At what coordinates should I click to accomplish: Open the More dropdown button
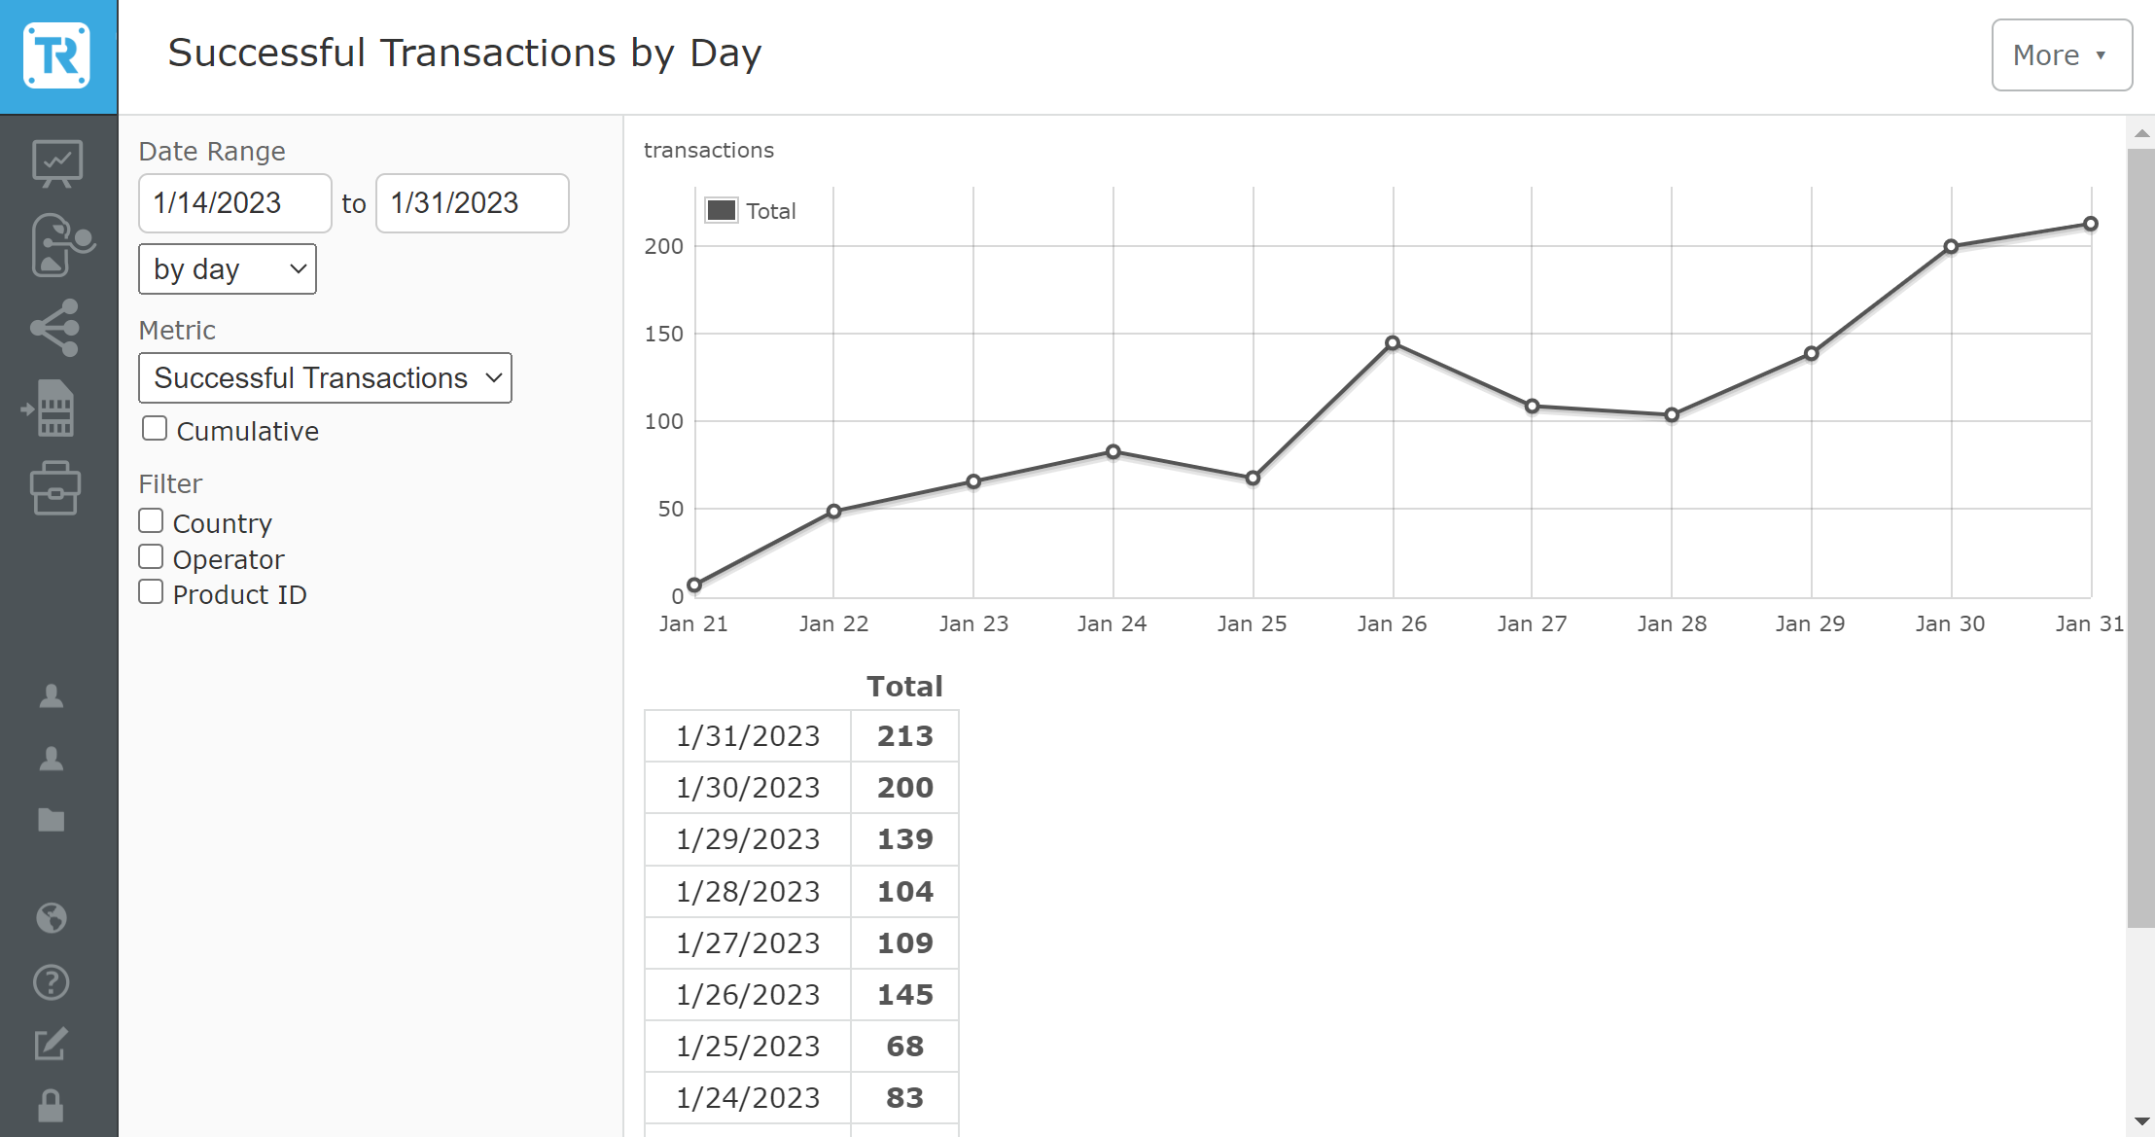(x=2061, y=55)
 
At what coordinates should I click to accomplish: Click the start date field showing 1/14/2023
(x=234, y=203)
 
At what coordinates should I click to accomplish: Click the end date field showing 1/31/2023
(x=472, y=203)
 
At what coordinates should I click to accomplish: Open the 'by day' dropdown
(x=228, y=269)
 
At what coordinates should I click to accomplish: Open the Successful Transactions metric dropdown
(x=325, y=378)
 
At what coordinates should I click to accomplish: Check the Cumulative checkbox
(x=155, y=429)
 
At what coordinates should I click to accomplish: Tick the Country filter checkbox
(x=151, y=521)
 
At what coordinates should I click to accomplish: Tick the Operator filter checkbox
(x=151, y=557)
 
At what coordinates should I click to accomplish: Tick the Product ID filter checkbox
(x=151, y=592)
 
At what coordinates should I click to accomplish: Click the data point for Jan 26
(x=1393, y=343)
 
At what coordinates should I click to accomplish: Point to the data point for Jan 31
(x=2090, y=224)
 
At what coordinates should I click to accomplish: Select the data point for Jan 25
(x=1253, y=478)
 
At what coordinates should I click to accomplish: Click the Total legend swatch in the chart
(x=722, y=210)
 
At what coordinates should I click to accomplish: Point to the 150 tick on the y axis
(x=664, y=334)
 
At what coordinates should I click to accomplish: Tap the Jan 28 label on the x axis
(x=1672, y=623)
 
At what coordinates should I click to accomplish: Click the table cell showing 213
(x=904, y=736)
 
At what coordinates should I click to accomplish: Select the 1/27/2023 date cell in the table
(x=748, y=942)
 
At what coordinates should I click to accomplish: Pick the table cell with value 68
(x=904, y=1046)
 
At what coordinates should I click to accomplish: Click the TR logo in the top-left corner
(x=57, y=56)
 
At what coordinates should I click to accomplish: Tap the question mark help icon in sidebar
(x=52, y=982)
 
